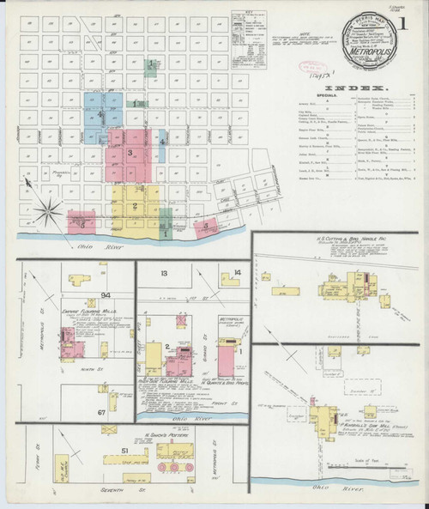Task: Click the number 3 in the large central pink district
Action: [x=130, y=153]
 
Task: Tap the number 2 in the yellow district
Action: [x=136, y=204]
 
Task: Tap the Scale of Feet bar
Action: [x=360, y=462]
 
